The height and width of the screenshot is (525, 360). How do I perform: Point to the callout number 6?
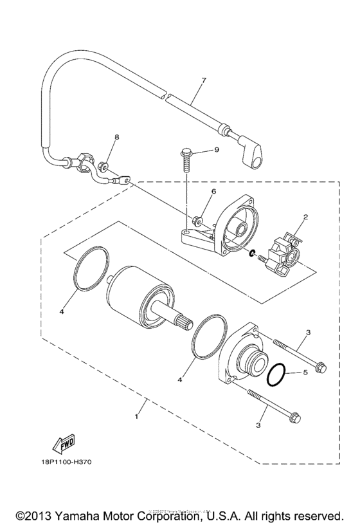213,191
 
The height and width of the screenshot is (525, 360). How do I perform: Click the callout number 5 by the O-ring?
307,372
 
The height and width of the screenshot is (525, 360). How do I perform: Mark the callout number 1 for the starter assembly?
136,416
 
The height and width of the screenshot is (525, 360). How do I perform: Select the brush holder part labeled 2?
288,253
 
